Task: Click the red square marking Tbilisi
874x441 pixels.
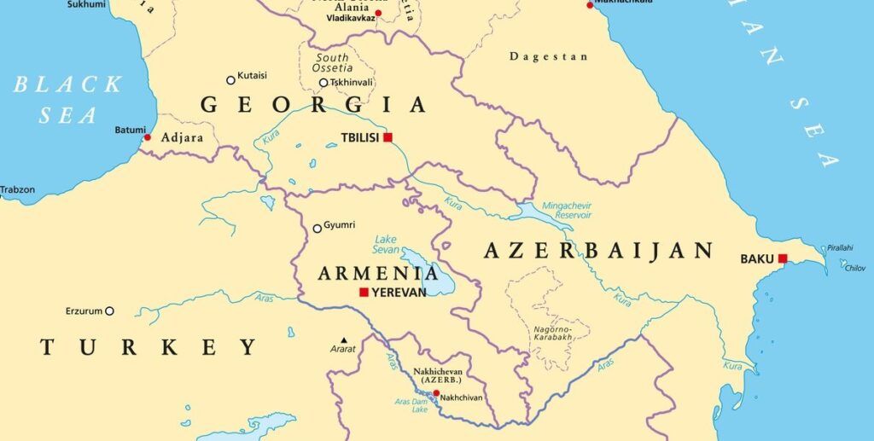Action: [x=387, y=137]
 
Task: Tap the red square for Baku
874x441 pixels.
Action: [x=782, y=258]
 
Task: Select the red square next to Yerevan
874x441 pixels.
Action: [x=364, y=293]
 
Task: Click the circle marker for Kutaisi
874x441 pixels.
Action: [x=230, y=80]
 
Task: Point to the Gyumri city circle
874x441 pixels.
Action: [x=318, y=228]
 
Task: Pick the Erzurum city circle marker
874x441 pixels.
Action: [x=109, y=311]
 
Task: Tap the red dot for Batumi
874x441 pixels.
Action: [x=148, y=137]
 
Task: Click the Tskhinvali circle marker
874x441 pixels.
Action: [x=323, y=83]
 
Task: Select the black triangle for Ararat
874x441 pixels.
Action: [x=343, y=339]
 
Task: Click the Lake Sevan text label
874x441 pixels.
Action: [x=386, y=244]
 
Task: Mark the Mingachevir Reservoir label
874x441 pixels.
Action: [x=567, y=211]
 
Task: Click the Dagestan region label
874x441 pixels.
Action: [x=548, y=57]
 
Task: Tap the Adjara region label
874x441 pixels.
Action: [x=181, y=136]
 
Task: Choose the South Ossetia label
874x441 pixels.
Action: [x=332, y=62]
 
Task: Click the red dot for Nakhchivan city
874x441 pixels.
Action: [x=436, y=393]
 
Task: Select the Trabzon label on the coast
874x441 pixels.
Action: [x=18, y=189]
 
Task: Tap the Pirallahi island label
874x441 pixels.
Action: [x=839, y=247]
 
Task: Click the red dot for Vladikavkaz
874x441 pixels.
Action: [x=378, y=13]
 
